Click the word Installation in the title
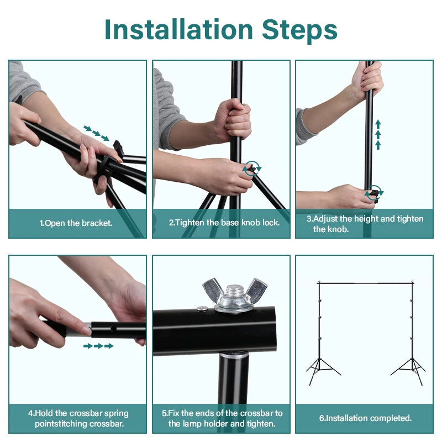pyautogui.click(x=178, y=30)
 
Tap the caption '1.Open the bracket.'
pyautogui.click(x=76, y=223)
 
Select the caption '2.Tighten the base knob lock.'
pyautogui.click(x=224, y=223)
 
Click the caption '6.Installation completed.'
pyautogui.click(x=365, y=418)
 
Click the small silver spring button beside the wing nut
pyautogui.click(x=202, y=308)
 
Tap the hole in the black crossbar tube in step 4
pyautogui.click(x=113, y=329)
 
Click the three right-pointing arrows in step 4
pyautogui.click(x=98, y=346)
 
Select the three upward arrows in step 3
pyautogui.click(x=378, y=135)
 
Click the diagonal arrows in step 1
pyautogui.click(x=96, y=133)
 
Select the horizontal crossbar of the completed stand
pyautogui.click(x=365, y=283)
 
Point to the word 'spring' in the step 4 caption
pyautogui.click(x=116, y=414)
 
